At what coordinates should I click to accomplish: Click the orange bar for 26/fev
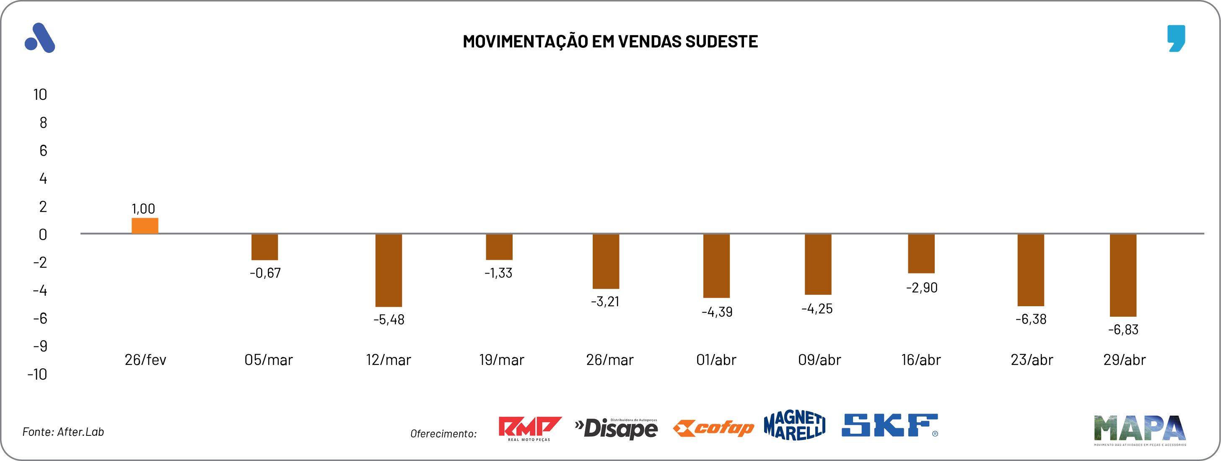(145, 226)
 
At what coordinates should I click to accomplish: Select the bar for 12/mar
(389, 270)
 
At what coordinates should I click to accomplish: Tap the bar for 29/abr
(1123, 275)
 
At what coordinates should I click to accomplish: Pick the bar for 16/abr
(921, 254)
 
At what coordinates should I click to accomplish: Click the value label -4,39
(717, 312)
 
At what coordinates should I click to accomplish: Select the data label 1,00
(143, 208)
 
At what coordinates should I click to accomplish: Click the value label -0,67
(265, 273)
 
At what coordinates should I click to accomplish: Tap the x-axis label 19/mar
(501, 360)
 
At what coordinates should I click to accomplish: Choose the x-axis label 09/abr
(819, 360)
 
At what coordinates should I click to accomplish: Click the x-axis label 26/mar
(609, 360)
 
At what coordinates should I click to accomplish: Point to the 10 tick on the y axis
(40, 95)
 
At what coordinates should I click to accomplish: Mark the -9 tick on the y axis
(40, 346)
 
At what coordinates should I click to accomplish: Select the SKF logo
(889, 425)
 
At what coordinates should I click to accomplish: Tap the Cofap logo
(713, 428)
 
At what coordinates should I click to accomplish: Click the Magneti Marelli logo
(794, 425)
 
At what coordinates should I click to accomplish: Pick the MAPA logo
(1139, 429)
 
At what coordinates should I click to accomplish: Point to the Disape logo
(616, 429)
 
